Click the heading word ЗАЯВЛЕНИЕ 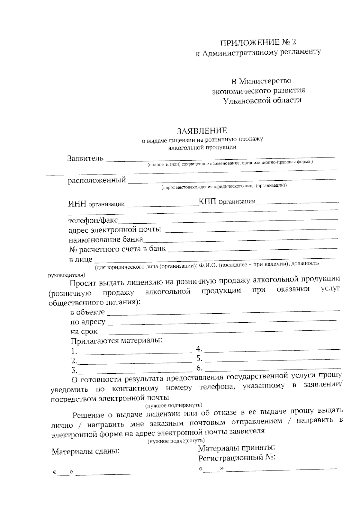click(x=202, y=131)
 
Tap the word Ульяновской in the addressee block click(x=246, y=101)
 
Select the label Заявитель click(x=85, y=158)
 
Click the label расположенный click(x=97, y=180)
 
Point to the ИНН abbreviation click(x=77, y=204)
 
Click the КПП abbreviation click(x=207, y=201)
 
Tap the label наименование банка click(x=106, y=240)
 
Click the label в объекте click(x=87, y=312)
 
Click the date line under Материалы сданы click(x=103, y=474)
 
